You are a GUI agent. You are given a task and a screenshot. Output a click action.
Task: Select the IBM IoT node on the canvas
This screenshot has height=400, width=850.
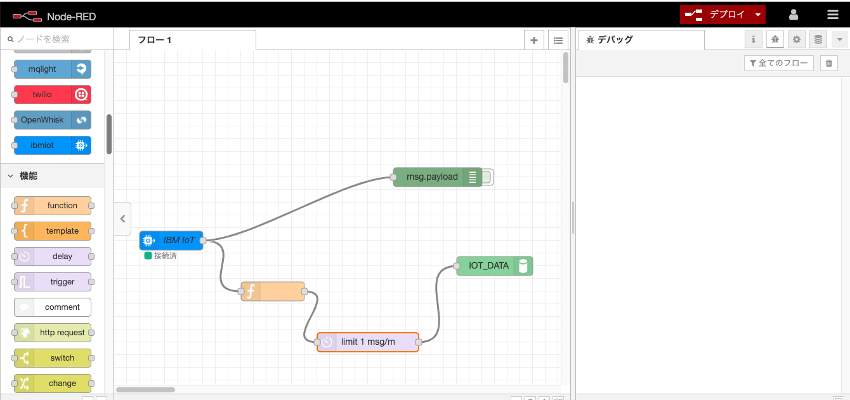[171, 241]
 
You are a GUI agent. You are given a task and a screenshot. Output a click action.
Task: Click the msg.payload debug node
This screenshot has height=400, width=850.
[432, 177]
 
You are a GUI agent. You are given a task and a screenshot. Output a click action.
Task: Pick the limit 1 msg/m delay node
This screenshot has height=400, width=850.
[368, 342]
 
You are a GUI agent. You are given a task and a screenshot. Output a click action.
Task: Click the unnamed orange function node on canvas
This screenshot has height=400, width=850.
[273, 291]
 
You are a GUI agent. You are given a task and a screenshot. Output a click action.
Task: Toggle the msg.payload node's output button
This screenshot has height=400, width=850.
[487, 177]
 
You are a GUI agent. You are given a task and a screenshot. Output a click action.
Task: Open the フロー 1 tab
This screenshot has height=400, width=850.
[155, 40]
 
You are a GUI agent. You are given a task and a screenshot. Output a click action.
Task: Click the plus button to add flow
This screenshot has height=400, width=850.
[534, 40]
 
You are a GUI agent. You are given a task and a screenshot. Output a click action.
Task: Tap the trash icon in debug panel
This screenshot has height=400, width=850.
[829, 63]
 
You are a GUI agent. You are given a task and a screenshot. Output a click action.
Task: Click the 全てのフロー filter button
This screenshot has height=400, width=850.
[779, 63]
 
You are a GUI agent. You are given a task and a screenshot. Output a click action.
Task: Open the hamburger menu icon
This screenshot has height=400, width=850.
[833, 15]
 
